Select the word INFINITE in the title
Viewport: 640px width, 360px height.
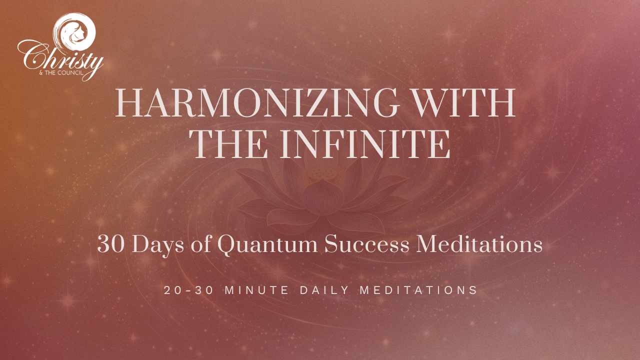(x=365, y=144)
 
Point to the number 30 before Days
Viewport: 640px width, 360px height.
(x=111, y=244)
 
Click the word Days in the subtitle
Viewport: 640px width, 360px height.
(x=157, y=245)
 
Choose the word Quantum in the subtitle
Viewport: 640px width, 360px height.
(x=267, y=245)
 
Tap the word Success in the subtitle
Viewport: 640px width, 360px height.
(x=367, y=244)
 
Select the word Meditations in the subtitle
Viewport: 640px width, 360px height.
(x=479, y=244)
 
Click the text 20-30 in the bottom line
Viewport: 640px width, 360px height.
(x=189, y=290)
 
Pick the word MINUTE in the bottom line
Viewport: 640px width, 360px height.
(x=257, y=290)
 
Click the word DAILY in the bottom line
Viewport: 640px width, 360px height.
(x=324, y=290)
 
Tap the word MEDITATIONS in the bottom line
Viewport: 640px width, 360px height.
(x=418, y=290)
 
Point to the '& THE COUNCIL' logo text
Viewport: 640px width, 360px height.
(x=61, y=73)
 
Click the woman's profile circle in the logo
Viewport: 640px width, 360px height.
(x=75, y=31)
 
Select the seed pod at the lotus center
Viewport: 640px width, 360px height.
(x=323, y=173)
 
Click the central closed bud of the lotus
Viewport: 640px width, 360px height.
(x=323, y=197)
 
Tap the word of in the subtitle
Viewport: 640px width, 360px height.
(x=201, y=244)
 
